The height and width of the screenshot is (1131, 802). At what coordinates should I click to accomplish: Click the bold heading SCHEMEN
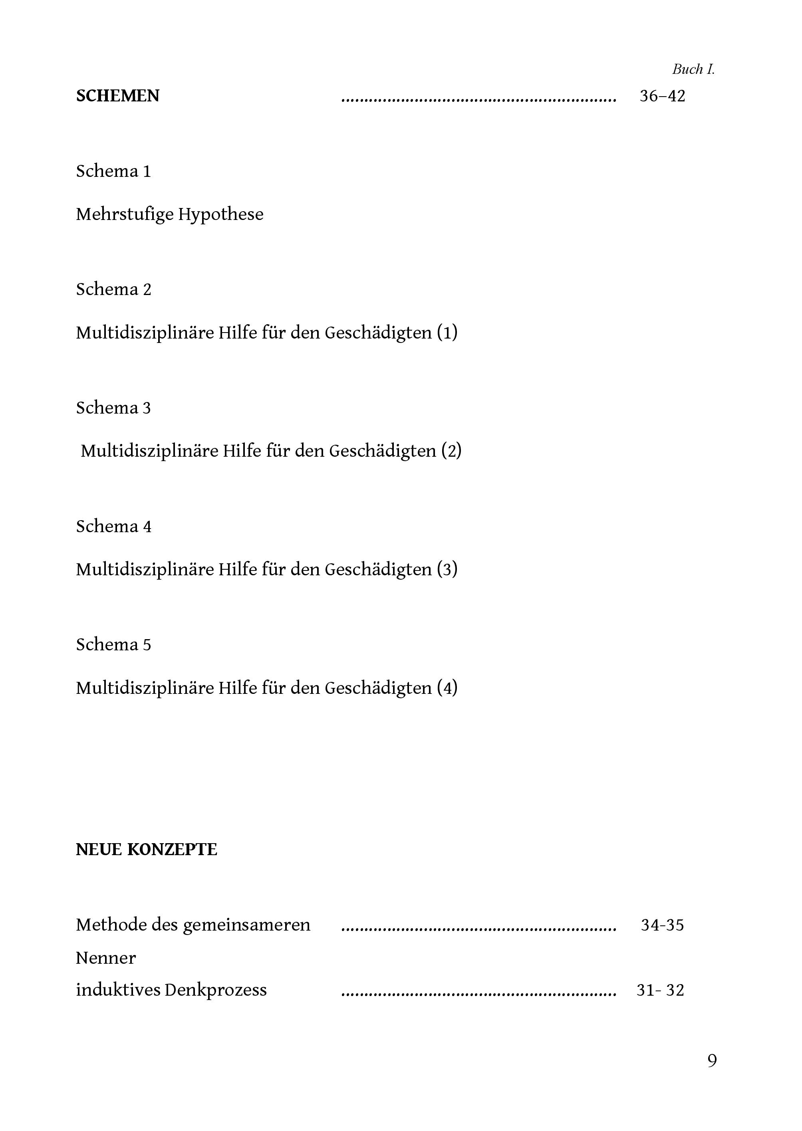tap(117, 96)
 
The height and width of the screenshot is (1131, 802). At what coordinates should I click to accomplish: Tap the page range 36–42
tap(662, 96)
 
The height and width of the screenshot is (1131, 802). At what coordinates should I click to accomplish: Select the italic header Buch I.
tap(693, 69)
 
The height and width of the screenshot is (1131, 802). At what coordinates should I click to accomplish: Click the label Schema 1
tap(113, 171)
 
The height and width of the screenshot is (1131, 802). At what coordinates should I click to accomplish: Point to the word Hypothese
tap(221, 214)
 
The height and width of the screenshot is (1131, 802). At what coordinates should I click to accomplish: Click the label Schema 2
tap(113, 289)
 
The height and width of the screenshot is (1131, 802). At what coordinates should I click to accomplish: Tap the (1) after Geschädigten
tap(447, 333)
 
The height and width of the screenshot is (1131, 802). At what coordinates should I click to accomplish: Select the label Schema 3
tap(113, 408)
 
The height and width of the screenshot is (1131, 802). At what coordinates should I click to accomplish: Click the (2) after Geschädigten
tap(451, 451)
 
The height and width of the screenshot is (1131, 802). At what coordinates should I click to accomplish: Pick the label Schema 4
tap(113, 526)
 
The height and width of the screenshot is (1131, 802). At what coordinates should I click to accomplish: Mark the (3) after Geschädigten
tap(447, 569)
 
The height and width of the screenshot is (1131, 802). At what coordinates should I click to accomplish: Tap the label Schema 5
tap(113, 645)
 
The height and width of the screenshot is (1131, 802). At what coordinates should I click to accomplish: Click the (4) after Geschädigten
tap(447, 688)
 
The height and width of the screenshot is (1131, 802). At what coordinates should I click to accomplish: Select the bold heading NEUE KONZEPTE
tap(146, 850)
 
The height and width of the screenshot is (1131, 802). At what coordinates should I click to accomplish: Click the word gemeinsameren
tap(246, 925)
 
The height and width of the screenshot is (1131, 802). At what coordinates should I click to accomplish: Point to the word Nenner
tap(106, 958)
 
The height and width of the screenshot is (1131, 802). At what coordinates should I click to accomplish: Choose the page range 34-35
tap(662, 925)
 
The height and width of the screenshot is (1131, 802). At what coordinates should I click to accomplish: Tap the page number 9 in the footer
tap(712, 1060)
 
